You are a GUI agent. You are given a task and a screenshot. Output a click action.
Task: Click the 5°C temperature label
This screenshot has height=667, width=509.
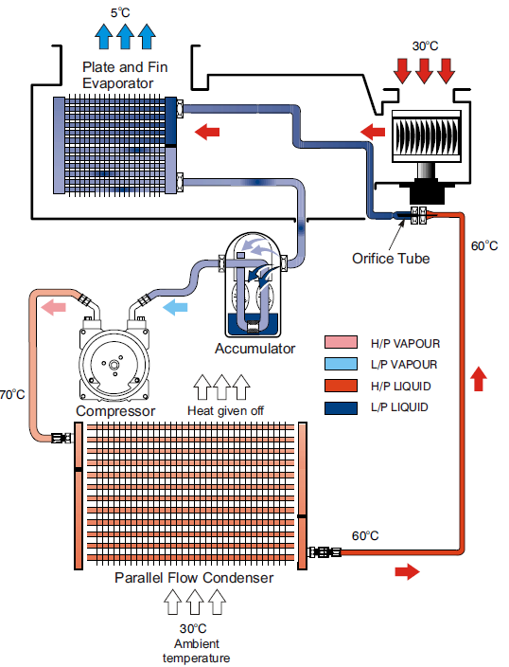[x=120, y=12]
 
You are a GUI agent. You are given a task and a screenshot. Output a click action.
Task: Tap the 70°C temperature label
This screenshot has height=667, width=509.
[x=12, y=394]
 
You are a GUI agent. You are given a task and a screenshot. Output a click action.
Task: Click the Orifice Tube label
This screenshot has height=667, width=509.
[x=391, y=259]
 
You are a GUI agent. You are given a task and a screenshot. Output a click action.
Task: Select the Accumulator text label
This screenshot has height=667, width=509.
[x=254, y=349]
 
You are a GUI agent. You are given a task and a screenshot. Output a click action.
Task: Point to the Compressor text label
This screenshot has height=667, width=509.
[x=115, y=411]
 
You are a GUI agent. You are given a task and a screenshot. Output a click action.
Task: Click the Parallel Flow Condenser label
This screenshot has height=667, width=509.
[x=194, y=578]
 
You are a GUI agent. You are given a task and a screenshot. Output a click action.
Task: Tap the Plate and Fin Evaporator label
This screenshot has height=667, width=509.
[x=125, y=75]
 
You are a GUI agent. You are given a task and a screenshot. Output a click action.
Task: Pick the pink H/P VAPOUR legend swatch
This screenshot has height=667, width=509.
[x=341, y=342]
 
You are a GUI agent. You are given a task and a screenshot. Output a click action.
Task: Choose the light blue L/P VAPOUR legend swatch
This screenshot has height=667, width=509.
[x=341, y=364]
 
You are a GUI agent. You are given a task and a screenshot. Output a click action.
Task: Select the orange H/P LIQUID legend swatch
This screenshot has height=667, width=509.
[x=341, y=386]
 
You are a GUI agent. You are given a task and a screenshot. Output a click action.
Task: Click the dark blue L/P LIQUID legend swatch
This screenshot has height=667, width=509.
[x=341, y=407]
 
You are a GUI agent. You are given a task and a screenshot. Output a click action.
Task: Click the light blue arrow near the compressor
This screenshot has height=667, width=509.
[x=175, y=307]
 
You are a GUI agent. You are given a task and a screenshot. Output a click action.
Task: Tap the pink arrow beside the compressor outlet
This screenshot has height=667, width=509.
[x=53, y=307]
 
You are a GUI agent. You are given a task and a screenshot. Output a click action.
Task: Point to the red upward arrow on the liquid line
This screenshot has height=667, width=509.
[x=479, y=379]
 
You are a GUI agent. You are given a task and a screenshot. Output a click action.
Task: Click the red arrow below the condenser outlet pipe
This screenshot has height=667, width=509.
[x=407, y=571]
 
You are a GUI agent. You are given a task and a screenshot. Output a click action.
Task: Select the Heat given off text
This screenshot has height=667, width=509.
[x=225, y=410]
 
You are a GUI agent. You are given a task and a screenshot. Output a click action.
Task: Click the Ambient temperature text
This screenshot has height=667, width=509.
[x=196, y=651]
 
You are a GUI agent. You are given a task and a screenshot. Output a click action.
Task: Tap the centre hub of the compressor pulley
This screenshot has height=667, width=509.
[x=114, y=365]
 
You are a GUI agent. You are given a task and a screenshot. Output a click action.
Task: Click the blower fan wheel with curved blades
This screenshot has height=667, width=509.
[x=426, y=135]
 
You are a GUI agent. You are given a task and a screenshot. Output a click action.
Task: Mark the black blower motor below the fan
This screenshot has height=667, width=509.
[x=428, y=190]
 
